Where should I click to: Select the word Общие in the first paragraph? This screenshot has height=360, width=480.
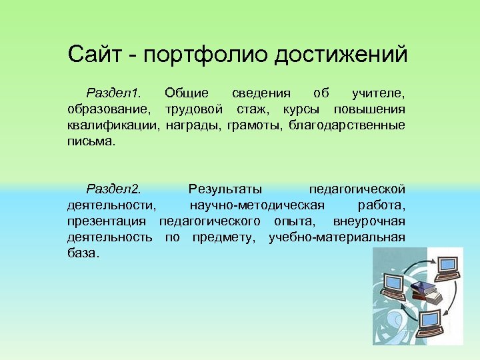click(186, 93)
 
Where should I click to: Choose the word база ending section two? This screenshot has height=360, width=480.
click(83, 253)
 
